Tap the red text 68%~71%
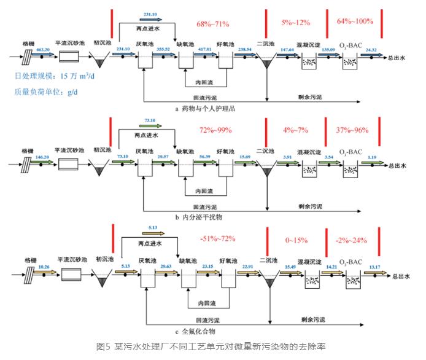coord(212,24)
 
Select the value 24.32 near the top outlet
coord(371,49)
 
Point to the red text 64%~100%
coord(355,22)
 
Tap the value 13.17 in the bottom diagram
coord(373,266)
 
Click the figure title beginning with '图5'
coord(212,347)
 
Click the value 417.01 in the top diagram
coord(204,49)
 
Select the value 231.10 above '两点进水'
coord(151,14)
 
